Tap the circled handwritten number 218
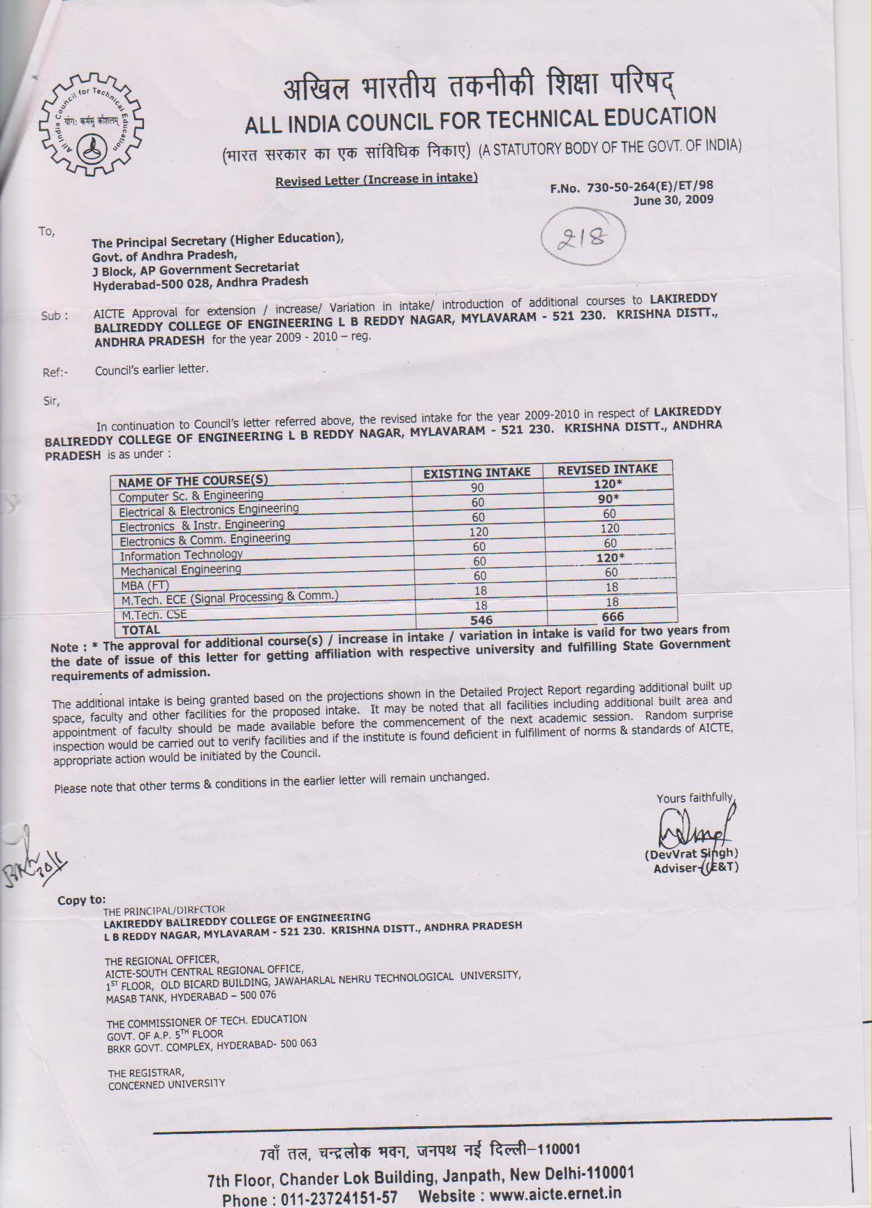coord(583,240)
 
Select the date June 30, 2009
coord(673,200)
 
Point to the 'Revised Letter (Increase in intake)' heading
coord(376,180)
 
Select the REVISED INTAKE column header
coord(607,469)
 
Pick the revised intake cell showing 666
coord(613,617)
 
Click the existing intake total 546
coord(481,619)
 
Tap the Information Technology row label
coord(181,556)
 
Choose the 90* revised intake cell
coord(608,498)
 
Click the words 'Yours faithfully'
coord(695,798)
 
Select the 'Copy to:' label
coord(81,900)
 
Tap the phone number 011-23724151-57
coord(339,1198)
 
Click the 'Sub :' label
coord(54,316)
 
